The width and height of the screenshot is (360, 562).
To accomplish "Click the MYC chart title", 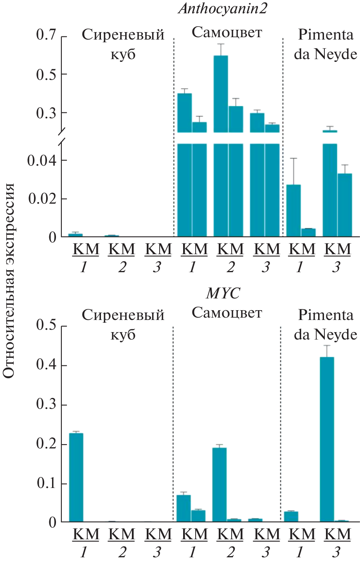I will click(x=223, y=293).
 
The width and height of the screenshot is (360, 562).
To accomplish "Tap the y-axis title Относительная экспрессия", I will click(x=9, y=280).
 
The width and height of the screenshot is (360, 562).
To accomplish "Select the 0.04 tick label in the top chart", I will click(x=42, y=161).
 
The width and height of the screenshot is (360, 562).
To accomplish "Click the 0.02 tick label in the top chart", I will click(x=42, y=199).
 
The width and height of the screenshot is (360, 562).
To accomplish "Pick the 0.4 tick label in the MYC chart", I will click(x=47, y=365).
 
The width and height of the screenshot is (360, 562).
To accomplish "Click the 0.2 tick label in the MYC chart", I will click(x=47, y=444).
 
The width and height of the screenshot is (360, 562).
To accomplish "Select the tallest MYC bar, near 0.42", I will click(x=327, y=439).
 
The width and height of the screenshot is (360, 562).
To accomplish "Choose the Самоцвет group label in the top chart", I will click(x=227, y=33).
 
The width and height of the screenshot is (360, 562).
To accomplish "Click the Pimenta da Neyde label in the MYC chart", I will click(x=325, y=325).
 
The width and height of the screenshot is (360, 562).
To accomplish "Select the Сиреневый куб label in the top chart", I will click(x=123, y=44).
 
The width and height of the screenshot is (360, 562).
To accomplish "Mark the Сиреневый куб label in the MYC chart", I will click(x=123, y=325).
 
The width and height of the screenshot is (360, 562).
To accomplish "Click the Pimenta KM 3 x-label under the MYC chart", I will click(x=337, y=542).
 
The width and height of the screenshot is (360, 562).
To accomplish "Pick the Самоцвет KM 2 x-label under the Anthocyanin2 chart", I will click(x=230, y=257).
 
